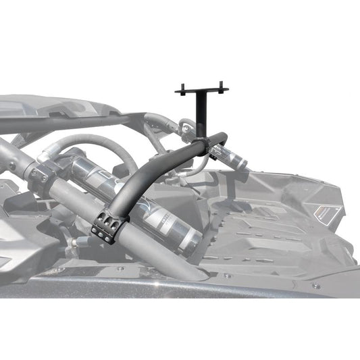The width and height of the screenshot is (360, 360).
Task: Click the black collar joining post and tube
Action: coord(201,143)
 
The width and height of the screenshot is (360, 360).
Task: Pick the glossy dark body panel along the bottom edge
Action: coord(169,287)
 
